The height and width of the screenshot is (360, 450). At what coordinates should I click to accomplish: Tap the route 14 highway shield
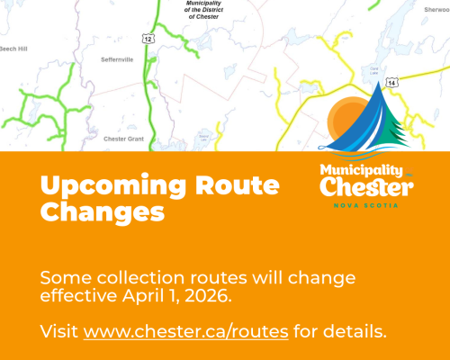391,83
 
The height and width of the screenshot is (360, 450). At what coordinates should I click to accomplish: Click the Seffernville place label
117,59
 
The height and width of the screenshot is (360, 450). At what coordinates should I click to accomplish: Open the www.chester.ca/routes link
186,332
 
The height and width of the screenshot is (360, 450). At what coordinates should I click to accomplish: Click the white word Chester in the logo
366,188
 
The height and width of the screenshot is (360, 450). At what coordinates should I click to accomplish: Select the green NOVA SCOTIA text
366,205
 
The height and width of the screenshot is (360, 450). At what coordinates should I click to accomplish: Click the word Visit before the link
59,332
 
